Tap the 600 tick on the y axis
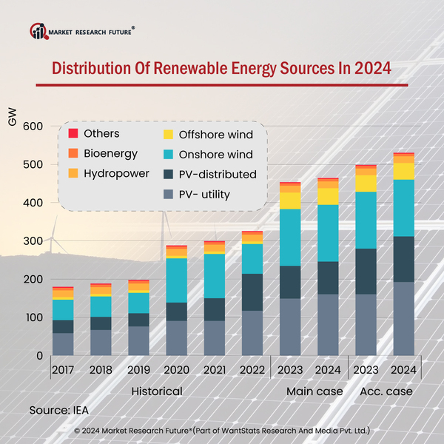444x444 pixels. coord(33,126)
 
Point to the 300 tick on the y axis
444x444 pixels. coord(33,241)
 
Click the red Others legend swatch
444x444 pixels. coord(73,134)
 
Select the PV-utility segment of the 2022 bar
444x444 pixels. coord(252,333)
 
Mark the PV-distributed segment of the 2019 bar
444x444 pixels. coord(138,320)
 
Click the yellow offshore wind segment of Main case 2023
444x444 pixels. coord(290,201)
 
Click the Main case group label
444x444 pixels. coord(314,390)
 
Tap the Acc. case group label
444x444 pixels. coord(386,390)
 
